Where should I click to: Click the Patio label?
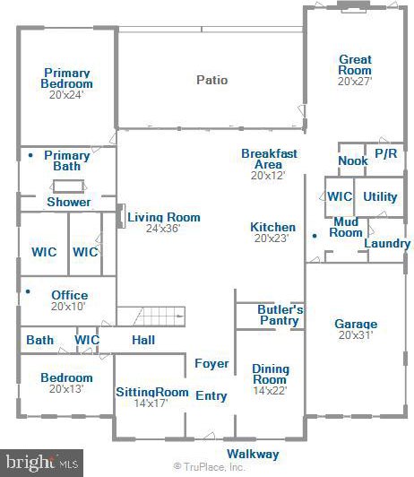(211, 80)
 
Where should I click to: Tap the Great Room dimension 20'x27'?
(355, 82)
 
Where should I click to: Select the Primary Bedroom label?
(67, 78)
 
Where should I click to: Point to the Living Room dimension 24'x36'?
(163, 228)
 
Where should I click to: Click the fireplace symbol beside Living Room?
(121, 216)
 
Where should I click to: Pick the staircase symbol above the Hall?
(151, 317)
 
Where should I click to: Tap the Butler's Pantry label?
(280, 315)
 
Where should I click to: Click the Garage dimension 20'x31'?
(356, 335)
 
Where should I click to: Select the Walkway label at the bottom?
(253, 454)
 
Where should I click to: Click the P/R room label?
(385, 153)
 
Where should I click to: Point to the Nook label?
(353, 160)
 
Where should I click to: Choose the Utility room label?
(380, 196)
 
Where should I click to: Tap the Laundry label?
(387, 243)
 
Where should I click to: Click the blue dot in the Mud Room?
(315, 236)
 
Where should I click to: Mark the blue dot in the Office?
(28, 291)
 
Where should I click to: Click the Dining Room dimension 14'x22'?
(270, 391)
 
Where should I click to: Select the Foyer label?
(211, 363)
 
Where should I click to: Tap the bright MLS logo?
(41, 463)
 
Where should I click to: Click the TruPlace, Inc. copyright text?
(209, 467)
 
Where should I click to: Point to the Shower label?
(69, 202)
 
